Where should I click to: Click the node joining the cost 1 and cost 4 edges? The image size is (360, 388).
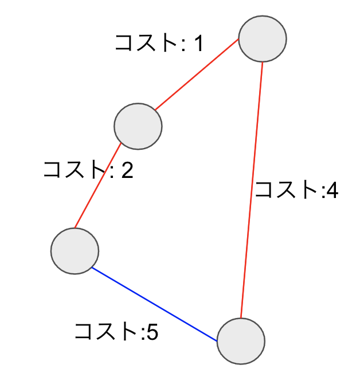point(263,39)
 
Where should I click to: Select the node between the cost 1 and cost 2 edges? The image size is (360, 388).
point(138,126)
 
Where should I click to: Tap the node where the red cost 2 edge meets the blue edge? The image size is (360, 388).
point(75,251)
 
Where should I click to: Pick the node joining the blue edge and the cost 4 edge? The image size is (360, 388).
point(241,342)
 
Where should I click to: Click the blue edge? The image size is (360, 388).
point(154,304)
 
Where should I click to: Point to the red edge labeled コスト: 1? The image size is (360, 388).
point(197,74)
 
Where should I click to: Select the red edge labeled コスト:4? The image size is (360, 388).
point(252,190)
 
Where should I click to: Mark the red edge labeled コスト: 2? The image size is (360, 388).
point(98,185)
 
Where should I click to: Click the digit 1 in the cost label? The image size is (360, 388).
point(199,43)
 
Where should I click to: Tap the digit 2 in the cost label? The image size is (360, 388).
point(127,170)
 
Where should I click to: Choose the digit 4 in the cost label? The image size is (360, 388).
point(332,191)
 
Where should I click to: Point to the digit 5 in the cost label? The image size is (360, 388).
point(152,332)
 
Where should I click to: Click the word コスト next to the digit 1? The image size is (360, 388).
point(146,43)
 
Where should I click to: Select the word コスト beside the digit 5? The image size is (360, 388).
point(105,332)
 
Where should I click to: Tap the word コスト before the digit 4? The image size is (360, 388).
point(286,190)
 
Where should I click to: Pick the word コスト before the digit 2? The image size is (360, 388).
point(74,169)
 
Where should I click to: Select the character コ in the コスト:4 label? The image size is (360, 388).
point(264,191)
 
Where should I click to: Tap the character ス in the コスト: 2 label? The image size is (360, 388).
point(75,169)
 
